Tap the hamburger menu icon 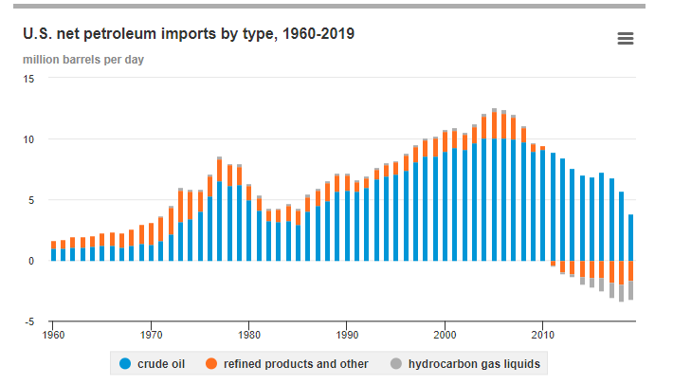pyautogui.click(x=625, y=38)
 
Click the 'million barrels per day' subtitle pyautogui.click(x=83, y=60)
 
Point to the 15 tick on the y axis pyautogui.click(x=28, y=79)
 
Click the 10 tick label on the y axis pyautogui.click(x=28, y=139)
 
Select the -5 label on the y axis pyautogui.click(x=29, y=321)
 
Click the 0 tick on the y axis pyautogui.click(x=31, y=261)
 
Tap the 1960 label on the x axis pyautogui.click(x=54, y=335)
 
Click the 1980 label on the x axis pyautogui.click(x=249, y=335)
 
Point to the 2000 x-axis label pyautogui.click(x=445, y=335)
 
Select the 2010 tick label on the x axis pyautogui.click(x=542, y=335)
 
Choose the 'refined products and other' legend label pyautogui.click(x=297, y=363)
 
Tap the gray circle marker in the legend pyautogui.click(x=394, y=363)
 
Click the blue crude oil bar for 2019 pyautogui.click(x=630, y=237)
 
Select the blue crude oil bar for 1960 pyautogui.click(x=54, y=254)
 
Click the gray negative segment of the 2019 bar pyautogui.click(x=630, y=290)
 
